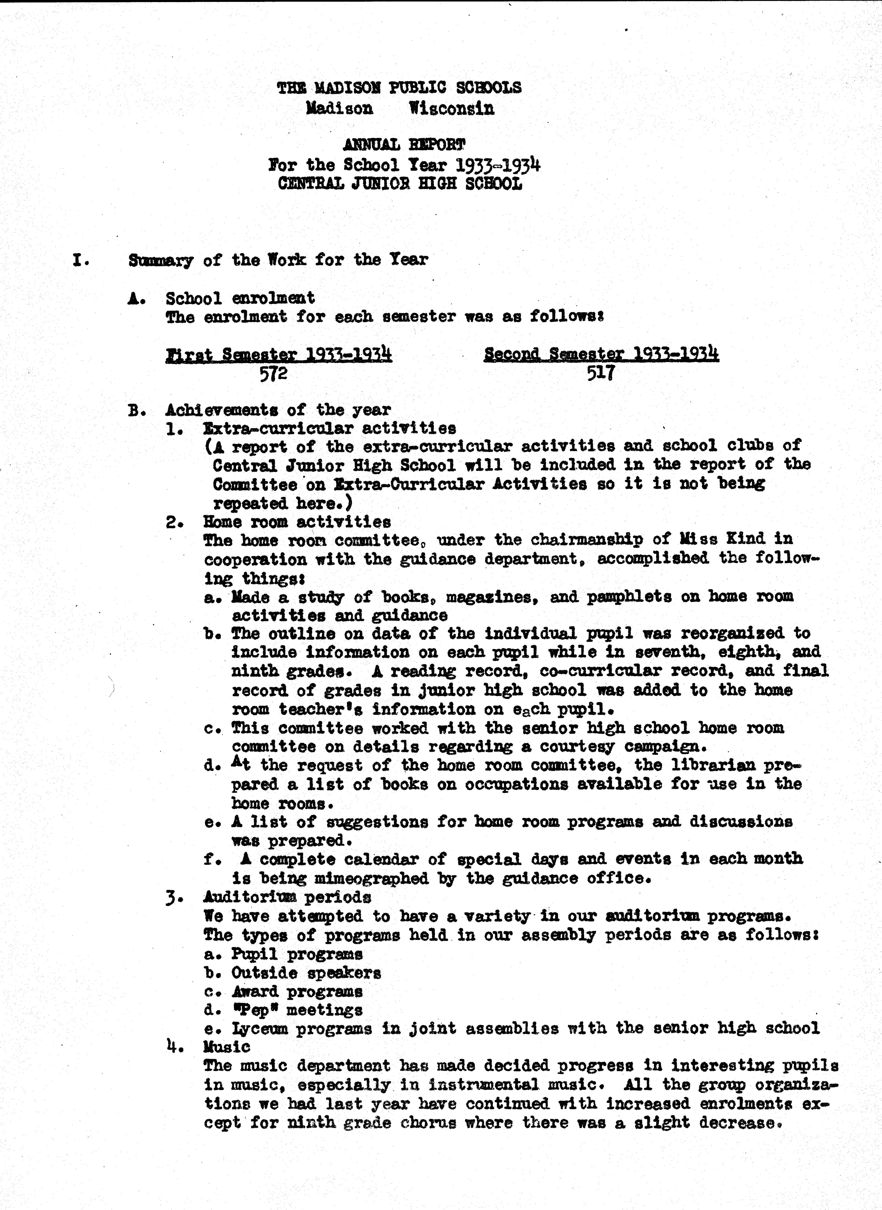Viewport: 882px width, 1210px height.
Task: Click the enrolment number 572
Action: tap(273, 373)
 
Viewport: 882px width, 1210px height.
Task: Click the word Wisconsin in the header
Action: tap(452, 109)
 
